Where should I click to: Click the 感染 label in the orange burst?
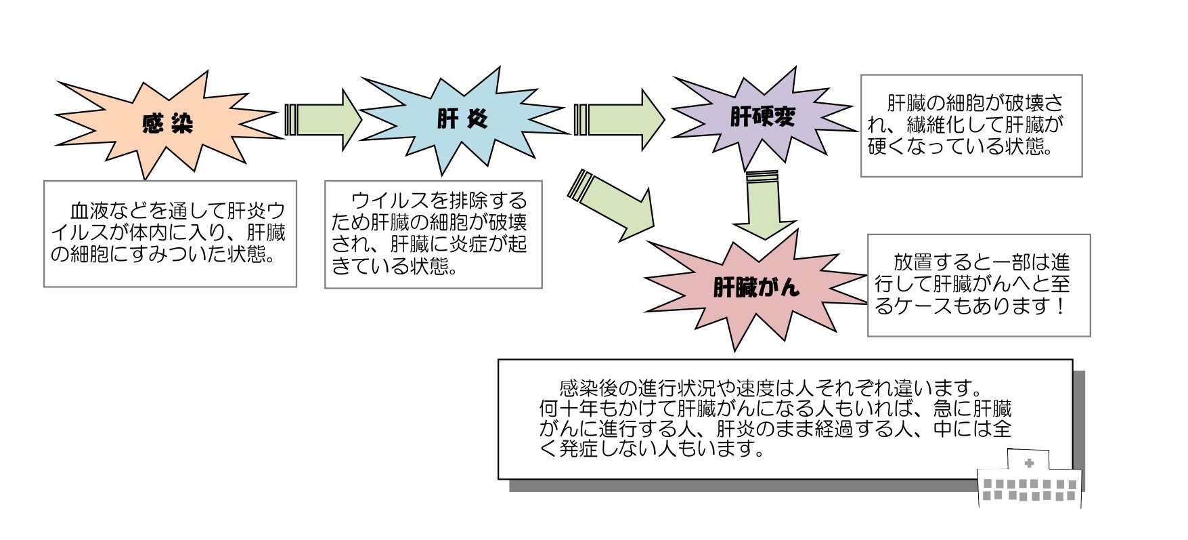click(x=167, y=123)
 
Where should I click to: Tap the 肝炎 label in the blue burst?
click(x=462, y=120)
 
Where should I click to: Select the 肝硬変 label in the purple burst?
click(x=762, y=118)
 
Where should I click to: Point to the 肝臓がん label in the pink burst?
click(x=756, y=288)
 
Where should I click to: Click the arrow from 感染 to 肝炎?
click(x=324, y=120)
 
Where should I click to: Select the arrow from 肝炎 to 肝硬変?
click(x=619, y=120)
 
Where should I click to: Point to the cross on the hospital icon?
click(x=1029, y=463)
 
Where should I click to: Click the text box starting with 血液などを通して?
click(x=170, y=233)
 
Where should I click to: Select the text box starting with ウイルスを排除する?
click(x=433, y=234)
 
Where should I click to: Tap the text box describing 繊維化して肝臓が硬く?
click(x=971, y=125)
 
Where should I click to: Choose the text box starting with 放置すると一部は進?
click(x=978, y=285)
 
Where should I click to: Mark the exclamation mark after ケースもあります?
click(x=1061, y=306)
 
